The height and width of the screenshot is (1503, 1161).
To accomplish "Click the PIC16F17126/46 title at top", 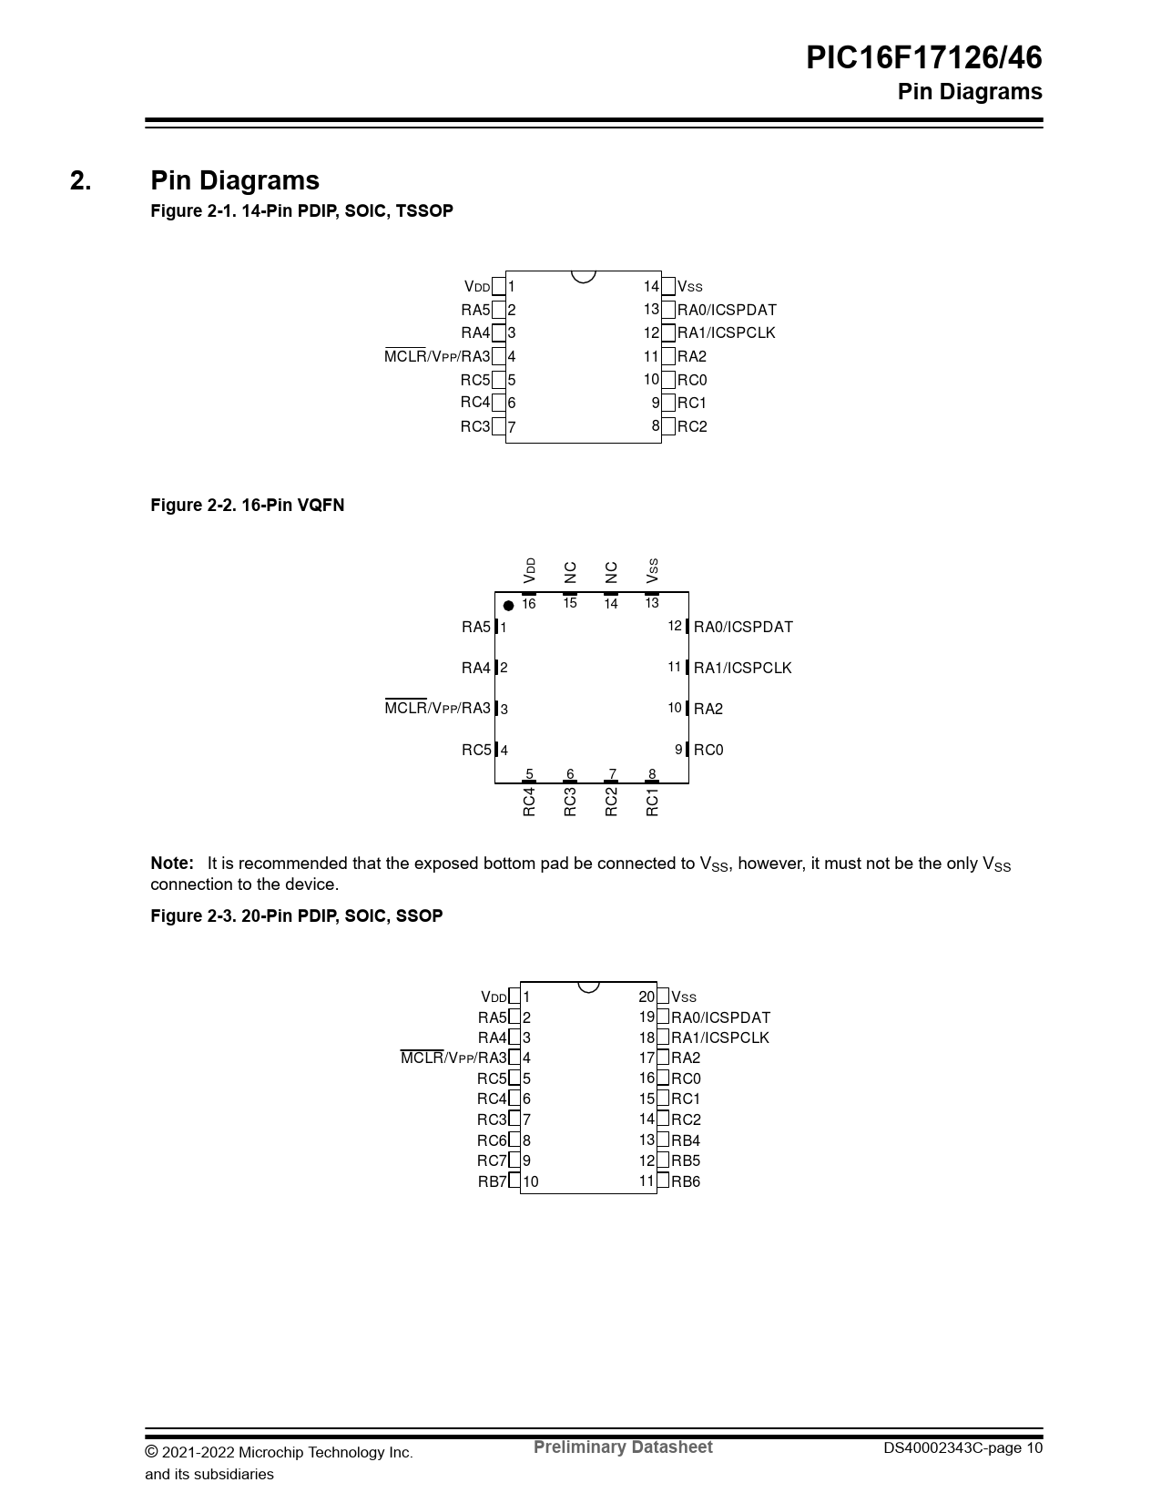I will click(923, 58).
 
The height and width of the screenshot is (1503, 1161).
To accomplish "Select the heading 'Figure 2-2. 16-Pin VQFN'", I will click(247, 506).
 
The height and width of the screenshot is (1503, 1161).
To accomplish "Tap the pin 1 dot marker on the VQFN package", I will click(508, 606).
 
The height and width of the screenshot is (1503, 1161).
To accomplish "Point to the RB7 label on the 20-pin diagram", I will click(492, 1181).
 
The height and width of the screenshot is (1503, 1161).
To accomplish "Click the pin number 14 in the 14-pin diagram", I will click(651, 286).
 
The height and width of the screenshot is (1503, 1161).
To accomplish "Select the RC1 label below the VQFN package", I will click(652, 802).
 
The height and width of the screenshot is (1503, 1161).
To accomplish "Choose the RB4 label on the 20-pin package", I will click(686, 1140).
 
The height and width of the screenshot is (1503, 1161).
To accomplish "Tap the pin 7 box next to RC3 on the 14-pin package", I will click(498, 426).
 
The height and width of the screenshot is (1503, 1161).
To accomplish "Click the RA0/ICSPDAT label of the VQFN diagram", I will click(743, 627).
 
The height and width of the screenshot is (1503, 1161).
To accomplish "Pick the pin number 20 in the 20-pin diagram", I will click(647, 997).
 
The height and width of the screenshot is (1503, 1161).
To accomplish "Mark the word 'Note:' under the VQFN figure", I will click(172, 863).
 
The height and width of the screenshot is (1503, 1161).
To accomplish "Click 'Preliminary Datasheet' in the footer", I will click(623, 1447).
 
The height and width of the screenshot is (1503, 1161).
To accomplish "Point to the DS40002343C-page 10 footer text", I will click(962, 1448).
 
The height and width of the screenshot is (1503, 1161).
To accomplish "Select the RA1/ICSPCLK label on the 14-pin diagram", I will click(726, 333).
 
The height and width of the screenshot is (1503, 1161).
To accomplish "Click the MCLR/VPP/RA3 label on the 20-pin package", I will click(453, 1058).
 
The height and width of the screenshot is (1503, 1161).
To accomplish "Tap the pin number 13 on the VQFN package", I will click(652, 603).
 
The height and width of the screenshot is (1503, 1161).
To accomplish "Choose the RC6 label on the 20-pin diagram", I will click(492, 1140).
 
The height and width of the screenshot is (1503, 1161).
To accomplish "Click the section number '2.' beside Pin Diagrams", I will click(80, 180).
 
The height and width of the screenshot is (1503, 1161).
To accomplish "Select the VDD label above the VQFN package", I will click(530, 570).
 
